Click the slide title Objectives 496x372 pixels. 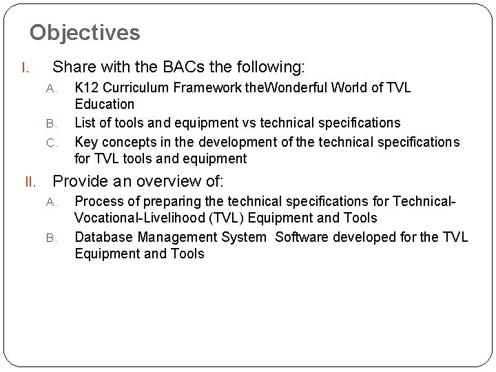coord(85,32)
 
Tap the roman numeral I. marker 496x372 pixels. coord(24,68)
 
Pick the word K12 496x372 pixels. coord(87,87)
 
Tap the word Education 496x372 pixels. coord(105,105)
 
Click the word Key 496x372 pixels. coord(86,141)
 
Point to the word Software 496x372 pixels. coord(300,237)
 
